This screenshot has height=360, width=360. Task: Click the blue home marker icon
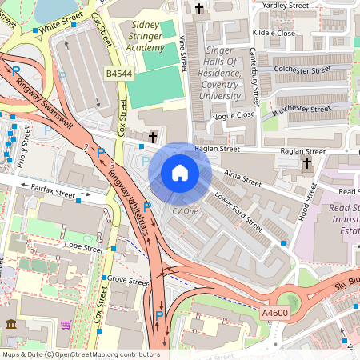[x=180, y=173]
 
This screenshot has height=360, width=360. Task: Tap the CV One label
[x=185, y=211]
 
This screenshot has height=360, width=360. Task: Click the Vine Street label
[x=182, y=51]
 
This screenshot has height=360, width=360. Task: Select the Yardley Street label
[x=285, y=5]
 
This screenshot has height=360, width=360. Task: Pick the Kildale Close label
[x=274, y=34]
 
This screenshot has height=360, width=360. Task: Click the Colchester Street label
[x=303, y=70]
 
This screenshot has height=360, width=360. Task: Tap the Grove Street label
[x=129, y=281]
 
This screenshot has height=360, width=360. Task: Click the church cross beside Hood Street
[x=308, y=163]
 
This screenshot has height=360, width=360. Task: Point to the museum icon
[x=11, y=324]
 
